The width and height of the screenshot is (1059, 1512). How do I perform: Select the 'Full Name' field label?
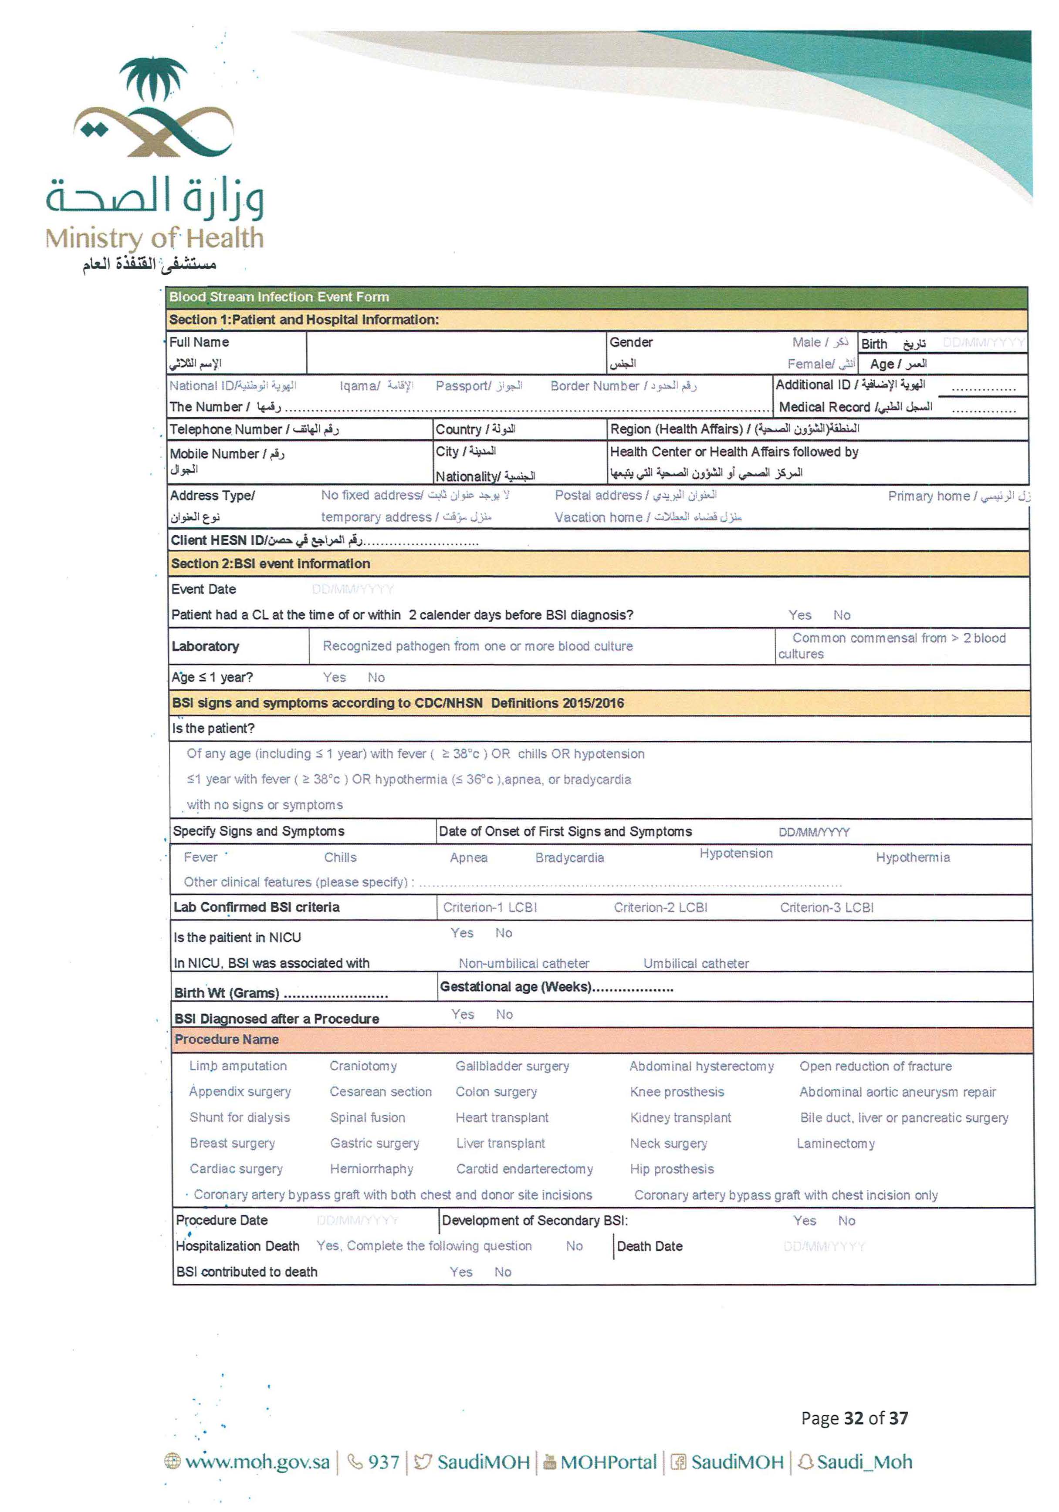pos(199,342)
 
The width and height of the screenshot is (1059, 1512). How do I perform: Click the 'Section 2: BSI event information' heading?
pos(270,564)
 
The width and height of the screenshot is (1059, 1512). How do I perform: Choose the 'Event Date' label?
pos(203,589)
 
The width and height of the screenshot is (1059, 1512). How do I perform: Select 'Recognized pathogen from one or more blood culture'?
pos(477,646)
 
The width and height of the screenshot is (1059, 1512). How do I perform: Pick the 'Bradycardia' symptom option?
pos(569,857)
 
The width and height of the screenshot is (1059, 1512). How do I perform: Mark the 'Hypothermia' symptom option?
pos(912,857)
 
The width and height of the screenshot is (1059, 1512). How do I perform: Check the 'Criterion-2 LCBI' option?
pos(660,908)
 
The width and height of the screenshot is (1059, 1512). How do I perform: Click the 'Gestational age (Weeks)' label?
pos(516,986)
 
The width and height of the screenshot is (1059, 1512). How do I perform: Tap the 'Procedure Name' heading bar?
pos(226,1039)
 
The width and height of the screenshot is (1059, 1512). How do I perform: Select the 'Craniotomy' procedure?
pos(363,1066)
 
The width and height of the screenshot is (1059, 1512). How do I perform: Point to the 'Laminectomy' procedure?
pos(835,1143)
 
